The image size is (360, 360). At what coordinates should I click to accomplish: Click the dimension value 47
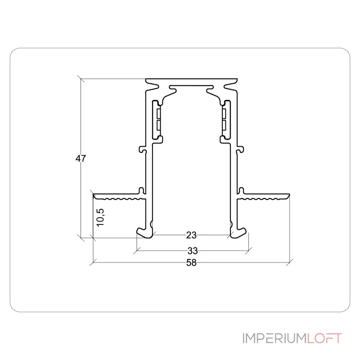pos(81,158)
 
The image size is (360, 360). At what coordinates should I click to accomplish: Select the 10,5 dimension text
pos(100,216)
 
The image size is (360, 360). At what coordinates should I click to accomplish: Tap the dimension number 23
pos(191,235)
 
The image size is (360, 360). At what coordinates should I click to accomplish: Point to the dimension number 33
pos(192,250)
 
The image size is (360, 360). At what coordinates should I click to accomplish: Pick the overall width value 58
pos(191,263)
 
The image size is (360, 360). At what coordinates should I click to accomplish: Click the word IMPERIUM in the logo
pos(274,338)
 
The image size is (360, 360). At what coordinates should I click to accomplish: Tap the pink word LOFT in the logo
pos(324,338)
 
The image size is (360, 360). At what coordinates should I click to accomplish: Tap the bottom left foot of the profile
pos(145,232)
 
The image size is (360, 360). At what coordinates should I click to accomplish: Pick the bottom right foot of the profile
pos(238,232)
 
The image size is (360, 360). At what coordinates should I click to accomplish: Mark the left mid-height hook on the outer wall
pos(144,149)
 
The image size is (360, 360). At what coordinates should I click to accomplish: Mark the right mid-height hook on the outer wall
pos(240,149)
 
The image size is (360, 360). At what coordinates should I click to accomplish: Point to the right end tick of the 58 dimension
pos(290,261)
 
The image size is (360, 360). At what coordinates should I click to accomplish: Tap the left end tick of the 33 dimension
pos(136,250)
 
